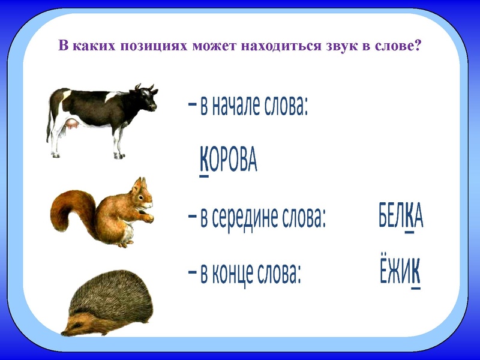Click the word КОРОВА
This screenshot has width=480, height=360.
click(x=227, y=161)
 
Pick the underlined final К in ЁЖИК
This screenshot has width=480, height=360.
click(x=415, y=275)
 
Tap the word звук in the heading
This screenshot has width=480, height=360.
click(x=331, y=46)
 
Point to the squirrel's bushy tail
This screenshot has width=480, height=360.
click(x=67, y=210)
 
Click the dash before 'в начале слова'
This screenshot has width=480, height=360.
click(x=191, y=106)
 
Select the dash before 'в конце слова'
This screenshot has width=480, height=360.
click(x=191, y=274)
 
